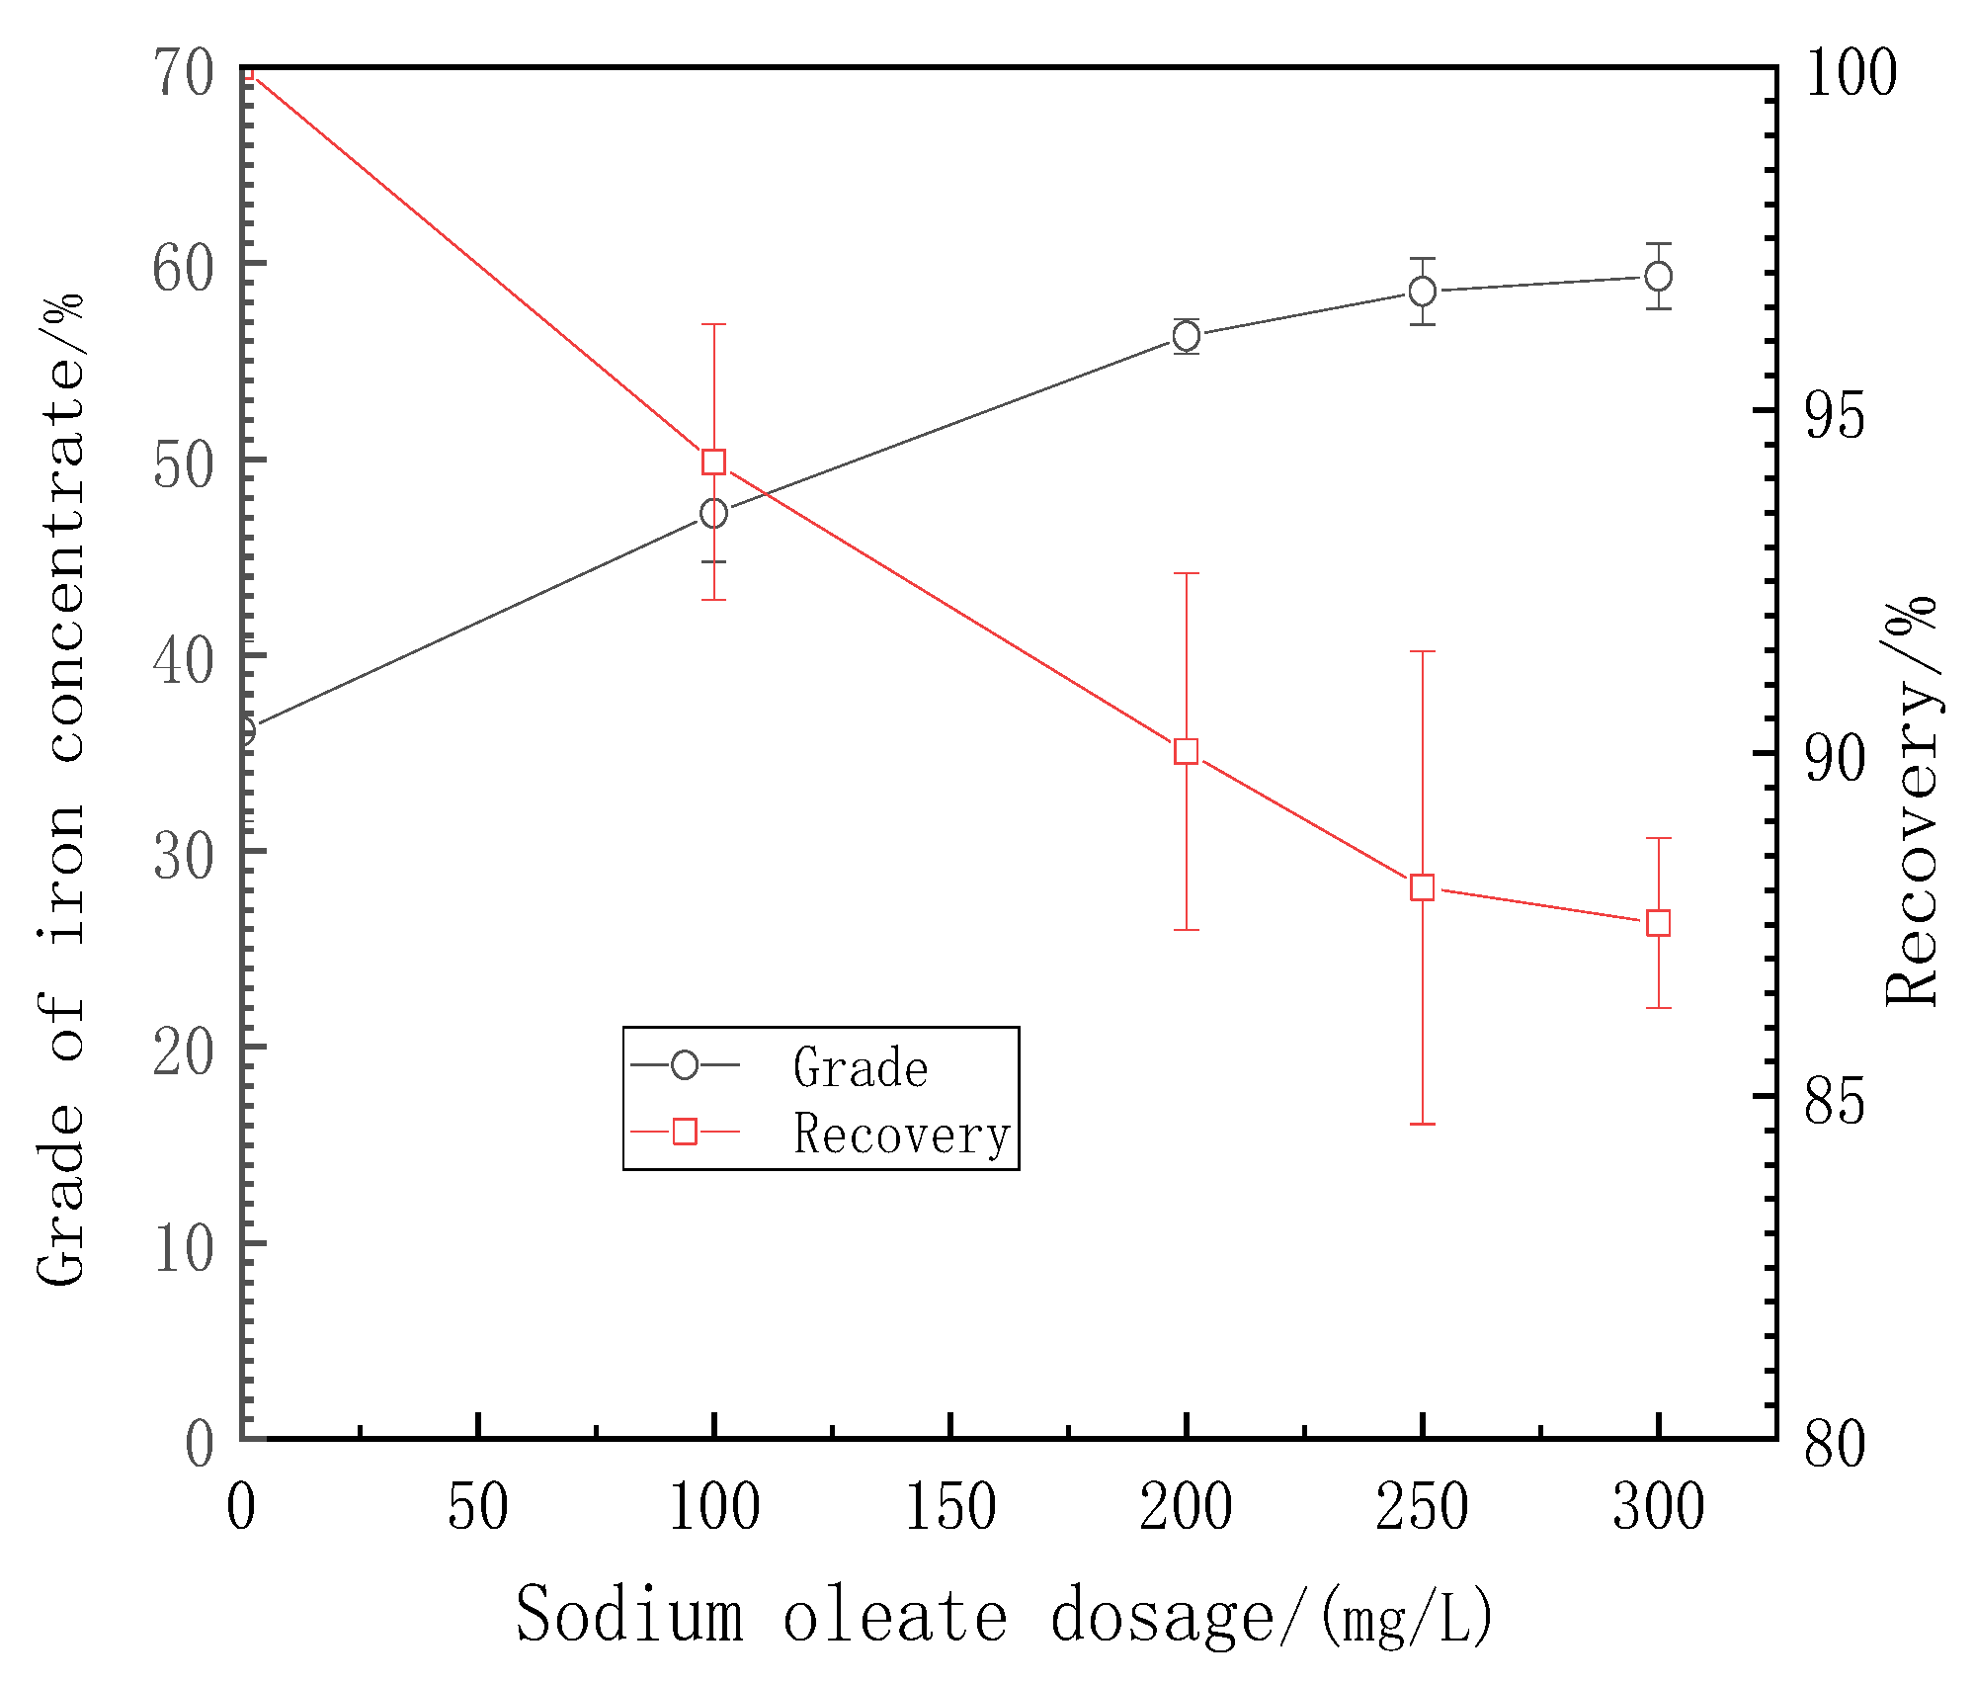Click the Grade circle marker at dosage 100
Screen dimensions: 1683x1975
713,514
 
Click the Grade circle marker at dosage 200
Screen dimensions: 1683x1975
1186,336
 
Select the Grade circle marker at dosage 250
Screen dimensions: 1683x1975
1422,292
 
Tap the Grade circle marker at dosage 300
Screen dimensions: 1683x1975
1658,276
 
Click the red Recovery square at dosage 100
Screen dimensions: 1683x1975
713,462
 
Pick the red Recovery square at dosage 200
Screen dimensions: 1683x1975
1186,752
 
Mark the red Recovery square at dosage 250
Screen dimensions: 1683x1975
1422,887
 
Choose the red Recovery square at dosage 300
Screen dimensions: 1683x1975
1658,923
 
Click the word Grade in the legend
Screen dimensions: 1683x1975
860,1068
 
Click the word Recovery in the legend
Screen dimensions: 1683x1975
901,1135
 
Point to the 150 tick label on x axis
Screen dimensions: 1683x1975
949,1507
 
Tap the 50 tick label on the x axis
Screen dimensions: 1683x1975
477,1507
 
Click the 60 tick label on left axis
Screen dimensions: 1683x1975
183,268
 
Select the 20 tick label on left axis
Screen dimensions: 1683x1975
183,1052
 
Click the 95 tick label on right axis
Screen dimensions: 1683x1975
1835,414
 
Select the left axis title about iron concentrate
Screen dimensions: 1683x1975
61,791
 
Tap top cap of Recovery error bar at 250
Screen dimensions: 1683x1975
1422,652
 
